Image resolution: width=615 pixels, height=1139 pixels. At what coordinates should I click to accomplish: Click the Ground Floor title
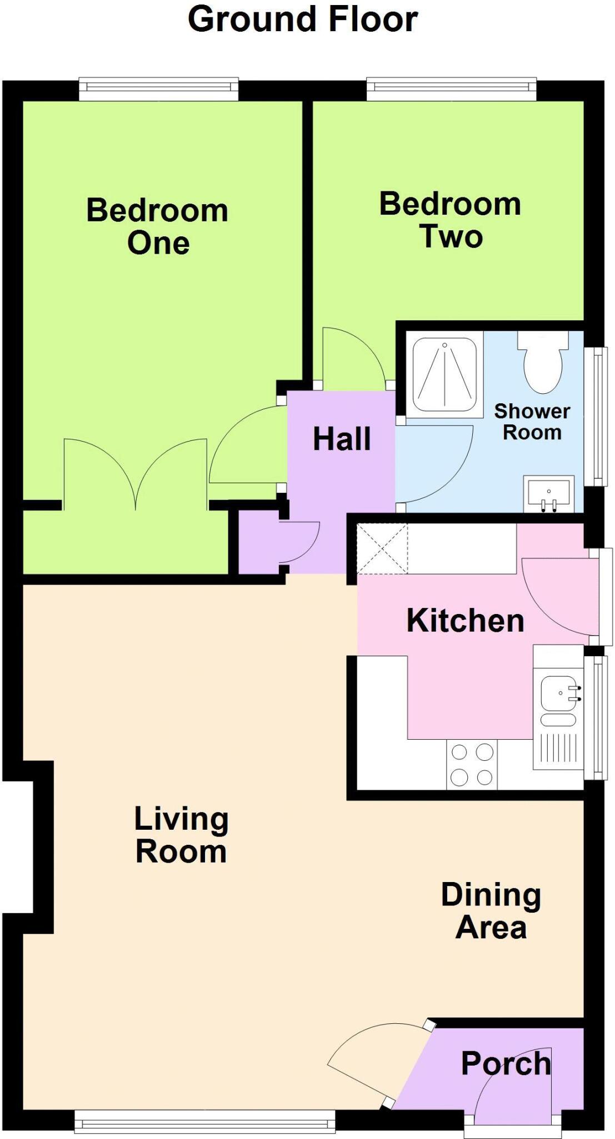(303, 19)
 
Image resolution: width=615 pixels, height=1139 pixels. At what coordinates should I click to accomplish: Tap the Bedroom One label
(158, 226)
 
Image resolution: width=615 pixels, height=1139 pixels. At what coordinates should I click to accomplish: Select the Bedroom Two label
(450, 220)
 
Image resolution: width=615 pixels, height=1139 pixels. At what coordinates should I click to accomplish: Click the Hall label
(342, 439)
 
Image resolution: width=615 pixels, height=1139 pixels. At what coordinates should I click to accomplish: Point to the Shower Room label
(532, 422)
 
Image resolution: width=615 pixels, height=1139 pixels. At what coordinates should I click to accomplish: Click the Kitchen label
(466, 620)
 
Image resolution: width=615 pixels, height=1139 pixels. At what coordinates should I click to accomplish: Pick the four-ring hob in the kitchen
(472, 765)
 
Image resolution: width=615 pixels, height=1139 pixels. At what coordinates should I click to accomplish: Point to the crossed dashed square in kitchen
(382, 548)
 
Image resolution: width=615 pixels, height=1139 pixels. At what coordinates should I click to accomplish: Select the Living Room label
(181, 835)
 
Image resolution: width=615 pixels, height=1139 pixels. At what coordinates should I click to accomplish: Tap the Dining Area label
(491, 911)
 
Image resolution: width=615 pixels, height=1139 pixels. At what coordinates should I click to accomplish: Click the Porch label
(506, 1063)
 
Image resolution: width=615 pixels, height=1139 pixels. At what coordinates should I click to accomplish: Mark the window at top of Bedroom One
(158, 88)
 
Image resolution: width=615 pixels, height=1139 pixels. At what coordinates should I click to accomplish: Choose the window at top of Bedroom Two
(452, 88)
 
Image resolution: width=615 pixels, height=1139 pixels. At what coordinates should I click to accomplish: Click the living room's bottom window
(205, 1121)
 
